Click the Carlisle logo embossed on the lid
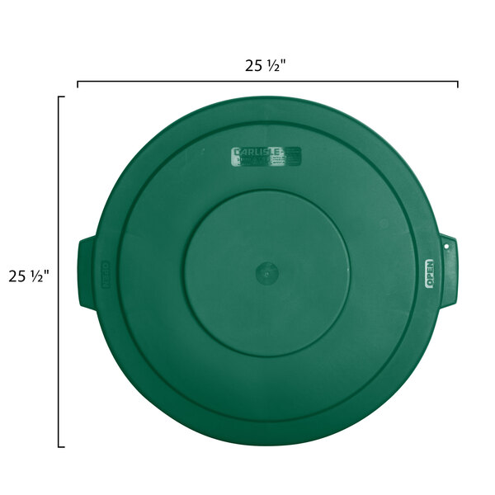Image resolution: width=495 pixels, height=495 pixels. click(266, 157)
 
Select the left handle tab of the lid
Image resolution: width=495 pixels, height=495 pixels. click(87, 272)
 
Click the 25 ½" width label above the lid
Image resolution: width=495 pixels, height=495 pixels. click(266, 67)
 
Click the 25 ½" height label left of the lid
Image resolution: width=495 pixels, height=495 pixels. click(29, 276)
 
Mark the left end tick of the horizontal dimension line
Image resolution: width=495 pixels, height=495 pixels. click(78, 83)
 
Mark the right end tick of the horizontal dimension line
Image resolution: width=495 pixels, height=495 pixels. click(458, 83)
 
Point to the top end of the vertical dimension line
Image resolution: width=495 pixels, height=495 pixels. click(60, 97)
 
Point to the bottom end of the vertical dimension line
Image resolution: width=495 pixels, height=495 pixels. click(60, 446)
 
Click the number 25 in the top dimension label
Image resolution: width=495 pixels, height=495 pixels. click(253, 67)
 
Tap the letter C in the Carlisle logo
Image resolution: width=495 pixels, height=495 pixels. click(238, 153)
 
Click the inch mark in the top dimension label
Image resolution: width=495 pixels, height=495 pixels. click(284, 64)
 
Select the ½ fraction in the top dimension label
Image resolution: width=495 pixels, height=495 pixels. click(273, 67)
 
